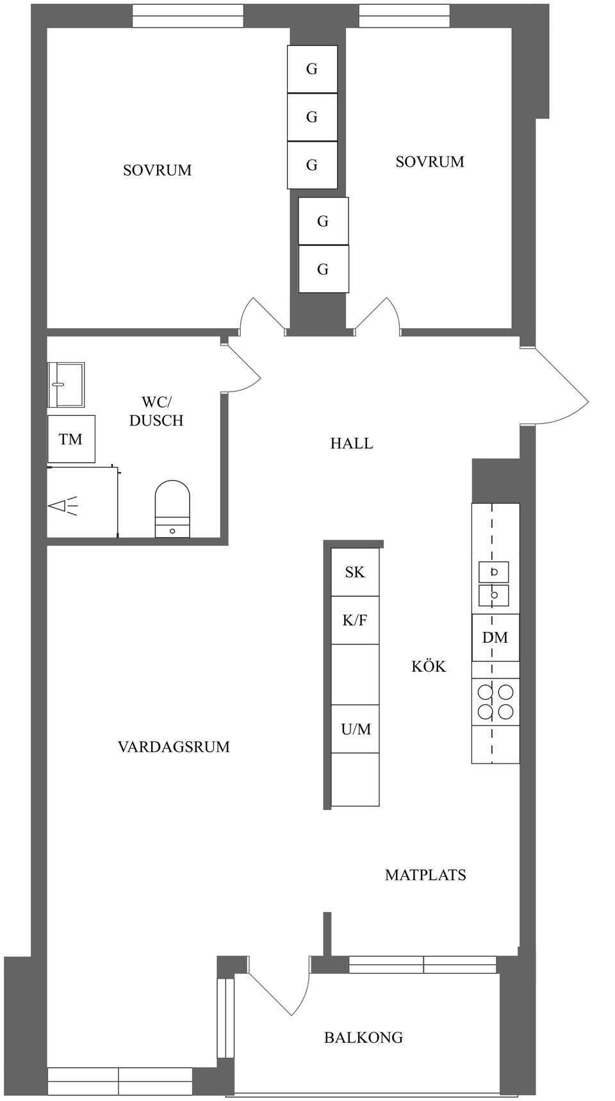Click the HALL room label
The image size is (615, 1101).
351,443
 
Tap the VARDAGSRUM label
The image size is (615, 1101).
174,747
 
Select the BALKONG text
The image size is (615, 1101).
363,1037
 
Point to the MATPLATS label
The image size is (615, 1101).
425,875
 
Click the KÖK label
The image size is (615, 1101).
429,666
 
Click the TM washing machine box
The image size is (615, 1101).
71,439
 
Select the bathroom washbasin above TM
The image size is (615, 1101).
66,385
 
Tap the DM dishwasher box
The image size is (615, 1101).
495,638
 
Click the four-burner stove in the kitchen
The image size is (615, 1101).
496,702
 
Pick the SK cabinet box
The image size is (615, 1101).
355,572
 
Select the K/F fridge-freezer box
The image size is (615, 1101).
355,620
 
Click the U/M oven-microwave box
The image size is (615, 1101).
356,729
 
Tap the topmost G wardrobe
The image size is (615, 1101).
312,69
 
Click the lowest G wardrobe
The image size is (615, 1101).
324,269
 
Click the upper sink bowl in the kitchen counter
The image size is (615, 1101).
494,572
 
